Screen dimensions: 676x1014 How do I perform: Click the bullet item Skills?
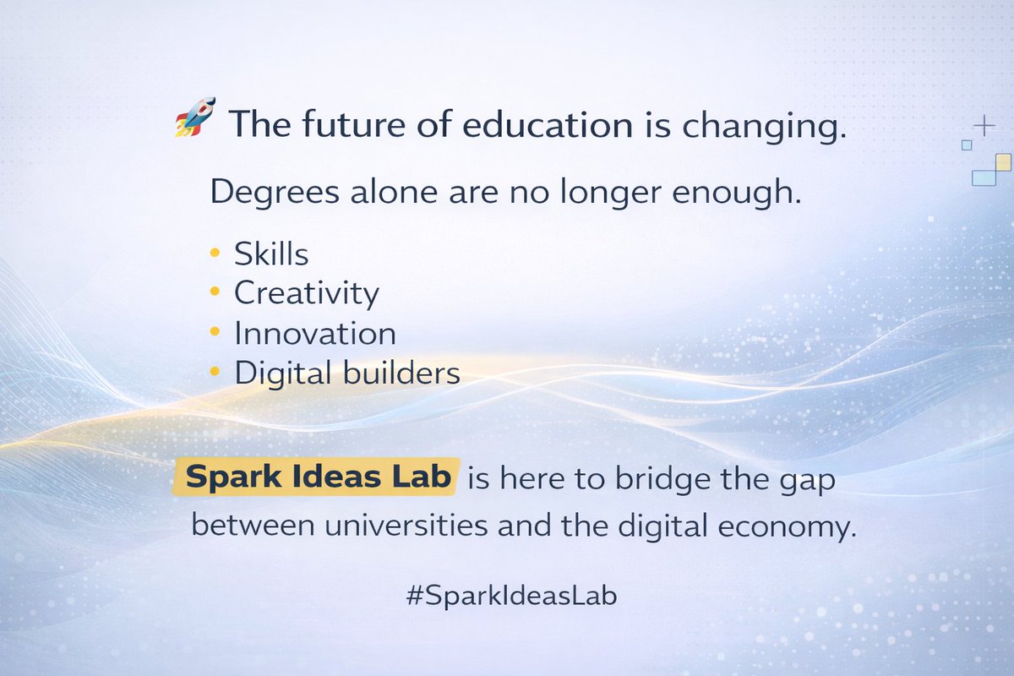pyautogui.click(x=271, y=253)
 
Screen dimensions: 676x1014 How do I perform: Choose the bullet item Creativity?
pyautogui.click(x=307, y=294)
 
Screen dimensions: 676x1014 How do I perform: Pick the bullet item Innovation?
pyautogui.click(x=315, y=333)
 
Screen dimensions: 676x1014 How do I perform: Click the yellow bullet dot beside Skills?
pyautogui.click(x=215, y=253)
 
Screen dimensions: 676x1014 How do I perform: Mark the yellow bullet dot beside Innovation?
pyautogui.click(x=215, y=332)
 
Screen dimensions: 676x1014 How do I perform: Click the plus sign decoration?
pyautogui.click(x=984, y=126)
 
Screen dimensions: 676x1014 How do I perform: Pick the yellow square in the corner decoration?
pyautogui.click(x=1003, y=161)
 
